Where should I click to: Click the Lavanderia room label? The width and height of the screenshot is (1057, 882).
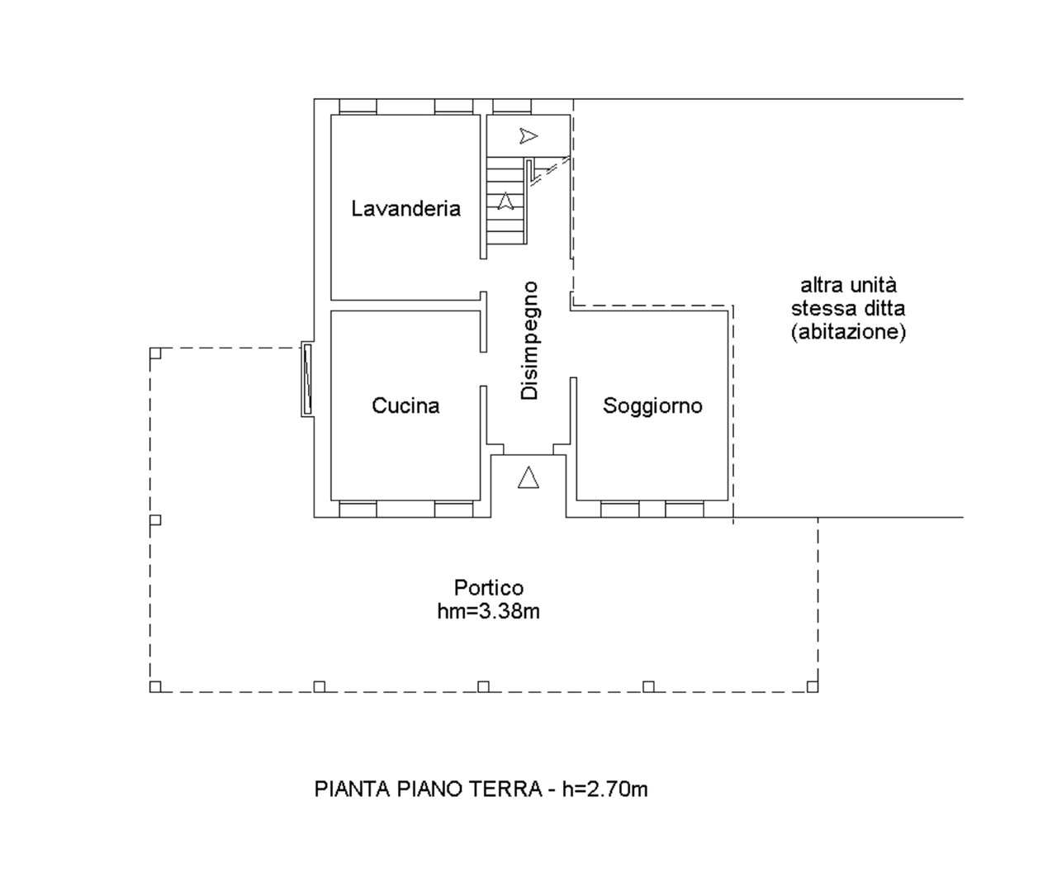tap(406, 209)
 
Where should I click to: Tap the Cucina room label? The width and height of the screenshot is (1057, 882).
tap(405, 405)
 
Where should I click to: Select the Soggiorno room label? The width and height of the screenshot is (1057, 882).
tap(652, 406)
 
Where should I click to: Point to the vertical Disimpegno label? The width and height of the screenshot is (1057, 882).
tap(529, 341)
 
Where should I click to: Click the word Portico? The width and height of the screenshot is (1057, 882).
tap(489, 588)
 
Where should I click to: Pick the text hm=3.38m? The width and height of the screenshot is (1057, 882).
tap(489, 612)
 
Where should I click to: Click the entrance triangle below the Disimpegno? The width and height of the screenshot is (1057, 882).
tap(528, 477)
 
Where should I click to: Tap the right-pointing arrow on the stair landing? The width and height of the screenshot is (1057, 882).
tap(528, 135)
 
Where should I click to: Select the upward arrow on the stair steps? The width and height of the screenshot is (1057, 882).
tap(505, 201)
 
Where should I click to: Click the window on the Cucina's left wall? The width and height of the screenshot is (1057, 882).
tap(306, 379)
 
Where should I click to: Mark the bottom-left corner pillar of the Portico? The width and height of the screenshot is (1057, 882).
tap(155, 686)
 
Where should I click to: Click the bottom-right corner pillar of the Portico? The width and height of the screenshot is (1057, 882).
tap(812, 686)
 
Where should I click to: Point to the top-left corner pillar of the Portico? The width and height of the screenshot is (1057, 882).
tap(155, 353)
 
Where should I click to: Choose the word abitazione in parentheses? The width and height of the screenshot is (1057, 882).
tap(848, 332)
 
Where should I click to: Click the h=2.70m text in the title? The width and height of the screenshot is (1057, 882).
tap(604, 789)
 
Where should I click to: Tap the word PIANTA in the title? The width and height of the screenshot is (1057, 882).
tap(353, 789)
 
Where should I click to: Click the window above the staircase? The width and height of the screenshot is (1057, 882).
tap(512, 107)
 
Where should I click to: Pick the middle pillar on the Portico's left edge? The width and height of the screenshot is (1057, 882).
tap(155, 519)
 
